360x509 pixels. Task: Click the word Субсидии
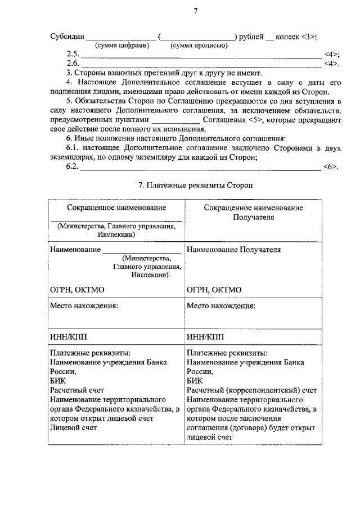(67, 37)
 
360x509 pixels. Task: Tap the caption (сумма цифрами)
(121, 46)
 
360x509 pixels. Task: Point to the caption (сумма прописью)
(200, 46)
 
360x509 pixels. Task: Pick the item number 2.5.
(73, 55)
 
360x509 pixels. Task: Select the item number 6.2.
(73, 167)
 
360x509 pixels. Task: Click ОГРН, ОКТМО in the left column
(77, 290)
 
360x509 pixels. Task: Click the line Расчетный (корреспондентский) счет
(251, 390)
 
